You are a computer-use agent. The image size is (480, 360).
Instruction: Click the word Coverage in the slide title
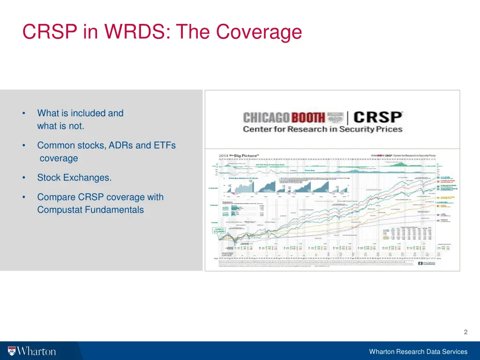click(259, 32)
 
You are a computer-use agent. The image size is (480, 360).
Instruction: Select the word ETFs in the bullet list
click(164, 145)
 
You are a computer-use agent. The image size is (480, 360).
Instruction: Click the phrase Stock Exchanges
click(75, 178)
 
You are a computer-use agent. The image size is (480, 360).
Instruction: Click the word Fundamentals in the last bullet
click(114, 210)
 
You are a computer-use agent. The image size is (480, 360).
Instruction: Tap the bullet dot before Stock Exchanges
click(23, 178)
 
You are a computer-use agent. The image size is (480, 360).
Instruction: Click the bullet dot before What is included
click(23, 113)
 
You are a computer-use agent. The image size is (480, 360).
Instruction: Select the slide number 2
click(465, 332)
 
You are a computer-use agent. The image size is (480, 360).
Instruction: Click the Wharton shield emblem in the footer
click(12, 351)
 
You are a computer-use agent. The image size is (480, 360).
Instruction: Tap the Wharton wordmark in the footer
click(37, 351)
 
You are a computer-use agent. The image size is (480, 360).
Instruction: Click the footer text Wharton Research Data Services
click(418, 352)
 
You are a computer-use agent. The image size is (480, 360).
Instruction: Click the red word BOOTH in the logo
click(308, 117)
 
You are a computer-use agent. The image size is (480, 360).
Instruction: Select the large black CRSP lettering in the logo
click(378, 117)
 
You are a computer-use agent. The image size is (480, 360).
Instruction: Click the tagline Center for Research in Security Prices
click(322, 129)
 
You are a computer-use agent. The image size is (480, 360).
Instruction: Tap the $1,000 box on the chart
click(219, 230)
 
